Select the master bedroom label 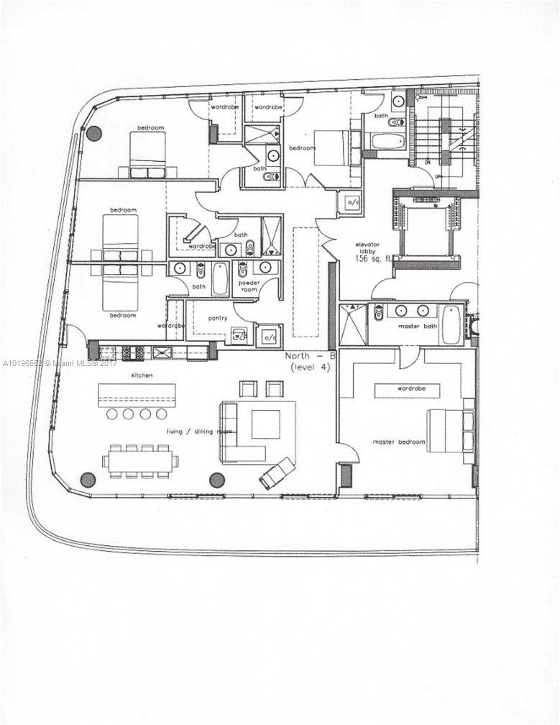click(398, 442)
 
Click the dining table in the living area click(140, 461)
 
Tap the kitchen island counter click(137, 394)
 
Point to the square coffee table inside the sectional click(265, 424)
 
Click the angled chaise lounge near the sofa click(277, 473)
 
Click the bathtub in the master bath click(451, 324)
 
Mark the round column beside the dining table click(88, 479)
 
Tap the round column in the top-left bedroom click(93, 132)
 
